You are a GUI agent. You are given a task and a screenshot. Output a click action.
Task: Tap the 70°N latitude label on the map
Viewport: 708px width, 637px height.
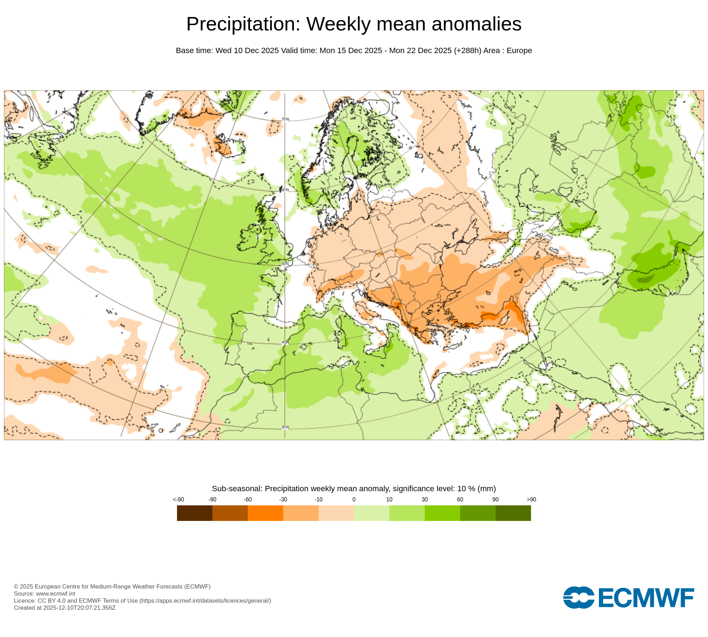click(285, 119)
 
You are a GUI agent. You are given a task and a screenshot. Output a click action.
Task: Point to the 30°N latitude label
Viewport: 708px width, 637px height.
click(285, 427)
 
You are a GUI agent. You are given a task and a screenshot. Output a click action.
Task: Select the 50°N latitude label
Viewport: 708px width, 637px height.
click(285, 264)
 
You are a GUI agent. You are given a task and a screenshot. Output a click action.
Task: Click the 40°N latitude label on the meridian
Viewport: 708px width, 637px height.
click(285, 343)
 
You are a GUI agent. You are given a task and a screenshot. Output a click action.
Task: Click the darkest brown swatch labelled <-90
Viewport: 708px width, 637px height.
click(194, 513)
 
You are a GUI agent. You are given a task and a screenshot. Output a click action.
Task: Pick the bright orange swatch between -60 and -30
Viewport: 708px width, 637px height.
click(265, 513)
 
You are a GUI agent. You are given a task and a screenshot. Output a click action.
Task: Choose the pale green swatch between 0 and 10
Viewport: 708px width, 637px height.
click(371, 513)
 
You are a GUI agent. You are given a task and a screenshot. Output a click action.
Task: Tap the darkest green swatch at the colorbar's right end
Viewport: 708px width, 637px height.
click(513, 513)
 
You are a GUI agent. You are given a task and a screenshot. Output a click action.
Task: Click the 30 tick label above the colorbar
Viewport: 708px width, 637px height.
click(424, 499)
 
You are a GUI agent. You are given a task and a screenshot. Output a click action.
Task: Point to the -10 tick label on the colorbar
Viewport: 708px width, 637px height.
click(318, 499)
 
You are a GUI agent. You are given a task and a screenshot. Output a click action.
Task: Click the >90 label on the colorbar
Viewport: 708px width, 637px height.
click(531, 499)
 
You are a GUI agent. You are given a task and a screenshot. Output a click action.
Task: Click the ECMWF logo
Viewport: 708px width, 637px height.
click(628, 597)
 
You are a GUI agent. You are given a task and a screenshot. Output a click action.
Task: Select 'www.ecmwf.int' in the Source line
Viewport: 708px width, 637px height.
click(56, 593)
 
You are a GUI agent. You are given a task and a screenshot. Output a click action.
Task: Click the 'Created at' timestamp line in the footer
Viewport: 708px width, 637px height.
click(64, 608)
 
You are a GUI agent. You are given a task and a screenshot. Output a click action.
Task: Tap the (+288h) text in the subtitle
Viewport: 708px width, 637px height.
click(467, 51)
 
